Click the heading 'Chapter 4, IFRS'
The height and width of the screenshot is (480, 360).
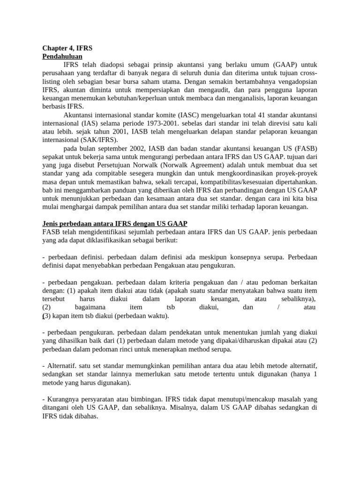[x=67, y=48]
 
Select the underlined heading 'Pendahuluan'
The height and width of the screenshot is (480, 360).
[x=62, y=56]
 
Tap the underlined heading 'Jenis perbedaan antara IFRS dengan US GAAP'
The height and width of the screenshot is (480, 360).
[x=115, y=223]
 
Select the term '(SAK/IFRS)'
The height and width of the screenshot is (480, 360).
[x=100, y=140]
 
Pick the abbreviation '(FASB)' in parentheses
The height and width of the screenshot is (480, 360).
[x=304, y=148]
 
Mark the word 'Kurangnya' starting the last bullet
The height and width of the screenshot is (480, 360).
[x=62, y=399]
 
